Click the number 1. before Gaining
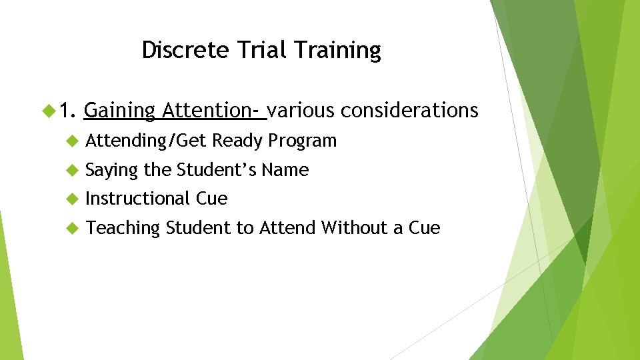point(69,110)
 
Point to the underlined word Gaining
point(120,111)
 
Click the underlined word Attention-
point(213,110)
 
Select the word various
point(301,110)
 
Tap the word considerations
point(409,110)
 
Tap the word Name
point(285,170)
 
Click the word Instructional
point(138,199)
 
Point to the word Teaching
point(123,229)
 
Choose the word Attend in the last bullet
point(287,228)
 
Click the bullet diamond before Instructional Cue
point(73,199)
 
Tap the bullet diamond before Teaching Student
point(73,228)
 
